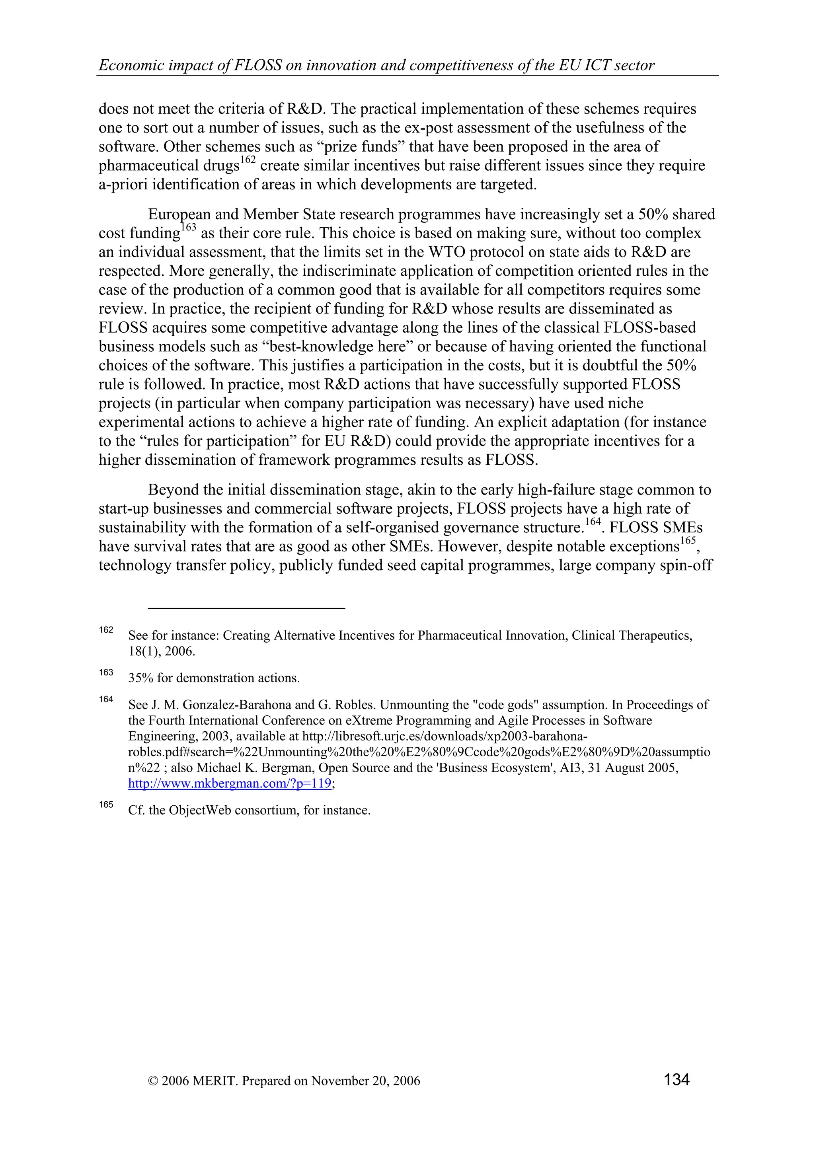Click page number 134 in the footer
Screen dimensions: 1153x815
tap(677, 1079)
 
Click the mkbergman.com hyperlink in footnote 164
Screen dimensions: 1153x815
tap(230, 783)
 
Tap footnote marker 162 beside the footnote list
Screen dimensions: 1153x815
tap(106, 630)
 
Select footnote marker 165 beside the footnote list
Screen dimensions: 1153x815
tap(106, 804)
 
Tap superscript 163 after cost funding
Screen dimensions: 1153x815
tap(188, 228)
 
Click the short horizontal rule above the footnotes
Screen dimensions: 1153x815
tap(247, 608)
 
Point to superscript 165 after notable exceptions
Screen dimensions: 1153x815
tap(688, 541)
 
